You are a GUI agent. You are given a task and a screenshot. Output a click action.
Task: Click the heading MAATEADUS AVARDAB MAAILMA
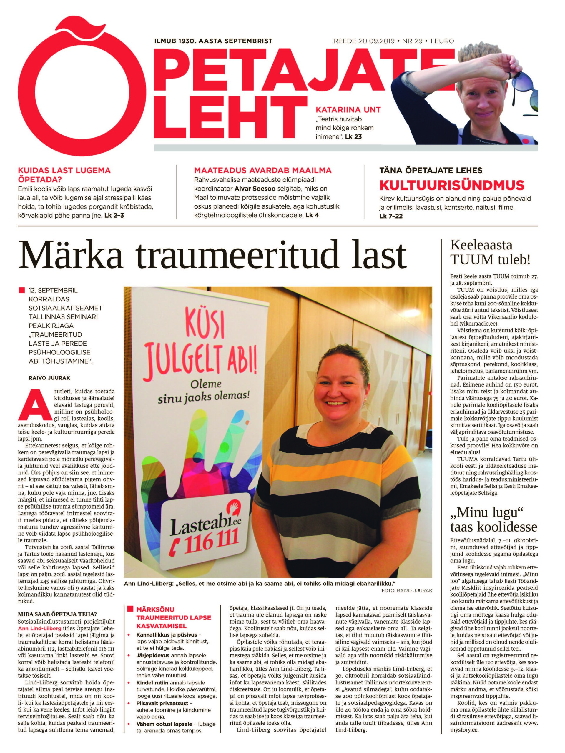click(262, 170)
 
